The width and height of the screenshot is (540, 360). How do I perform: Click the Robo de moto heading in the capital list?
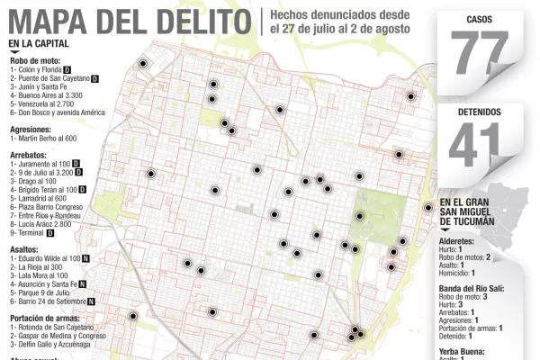pyautogui.click(x=36, y=60)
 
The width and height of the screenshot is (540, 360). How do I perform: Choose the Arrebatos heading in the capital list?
pyautogui.click(x=29, y=155)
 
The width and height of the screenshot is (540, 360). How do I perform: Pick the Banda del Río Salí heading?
pyautogui.click(x=471, y=287)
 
